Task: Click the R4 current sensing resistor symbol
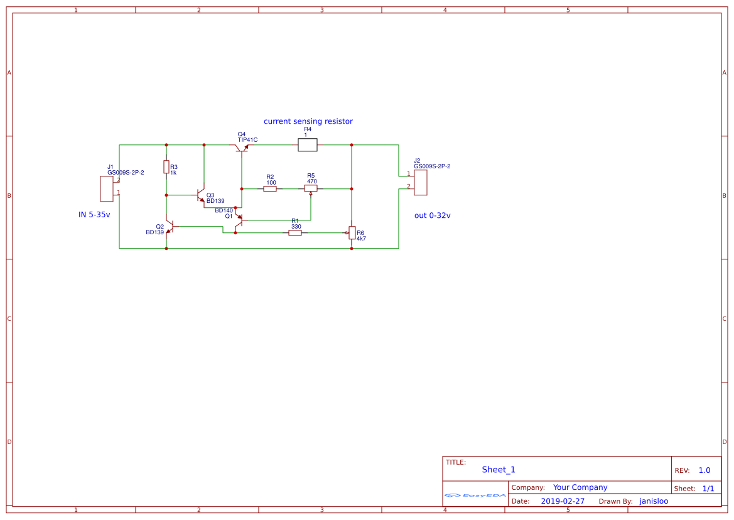(x=307, y=145)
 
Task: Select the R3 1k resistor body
(x=166, y=167)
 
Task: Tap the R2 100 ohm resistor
(x=270, y=188)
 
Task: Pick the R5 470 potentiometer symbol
(x=311, y=188)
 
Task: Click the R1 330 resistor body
(x=295, y=233)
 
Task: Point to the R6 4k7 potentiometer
(x=352, y=233)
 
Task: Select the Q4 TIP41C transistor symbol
(x=242, y=148)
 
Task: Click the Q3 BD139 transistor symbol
(x=201, y=195)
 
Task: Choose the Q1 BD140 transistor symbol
(x=239, y=220)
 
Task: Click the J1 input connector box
(x=107, y=189)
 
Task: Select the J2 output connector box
(x=421, y=182)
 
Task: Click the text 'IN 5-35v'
(x=94, y=215)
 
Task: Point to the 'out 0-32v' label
(x=432, y=215)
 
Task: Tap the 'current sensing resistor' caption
(x=308, y=121)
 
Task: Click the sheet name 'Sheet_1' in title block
(x=499, y=470)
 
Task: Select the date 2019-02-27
(x=563, y=501)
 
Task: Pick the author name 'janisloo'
(x=654, y=501)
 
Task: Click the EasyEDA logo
(x=475, y=496)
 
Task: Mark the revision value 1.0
(x=704, y=470)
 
